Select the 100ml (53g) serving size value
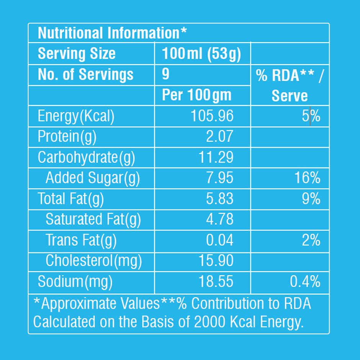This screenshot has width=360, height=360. click(x=201, y=54)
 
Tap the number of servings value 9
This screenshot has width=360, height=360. click(x=165, y=74)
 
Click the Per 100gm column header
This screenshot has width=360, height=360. click(x=196, y=95)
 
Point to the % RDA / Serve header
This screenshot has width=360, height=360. click(x=290, y=85)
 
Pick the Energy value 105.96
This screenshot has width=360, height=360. click(x=212, y=116)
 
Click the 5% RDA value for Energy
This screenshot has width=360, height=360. click(x=311, y=116)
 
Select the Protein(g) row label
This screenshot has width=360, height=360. click(x=67, y=137)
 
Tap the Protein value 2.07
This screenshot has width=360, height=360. click(x=219, y=137)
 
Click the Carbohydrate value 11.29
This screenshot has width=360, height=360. click(x=216, y=157)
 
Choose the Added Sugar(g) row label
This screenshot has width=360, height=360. click(x=93, y=178)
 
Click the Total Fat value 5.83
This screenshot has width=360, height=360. click(x=219, y=199)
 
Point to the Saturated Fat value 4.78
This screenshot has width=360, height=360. click(x=219, y=219)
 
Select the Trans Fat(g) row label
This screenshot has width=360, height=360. click(x=81, y=240)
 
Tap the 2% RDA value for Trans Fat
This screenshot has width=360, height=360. click(x=311, y=240)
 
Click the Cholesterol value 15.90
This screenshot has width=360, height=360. click(x=216, y=261)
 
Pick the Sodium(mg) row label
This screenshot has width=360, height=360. click(x=75, y=282)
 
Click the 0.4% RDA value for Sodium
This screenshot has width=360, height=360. click(x=305, y=282)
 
